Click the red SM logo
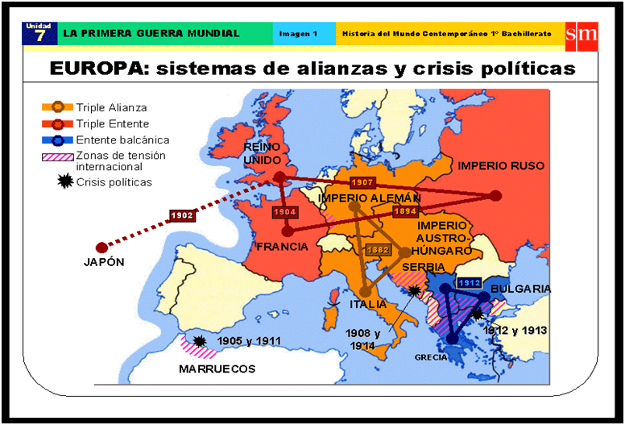tap(581, 33)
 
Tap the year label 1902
tap(181, 216)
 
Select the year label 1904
tap(285, 212)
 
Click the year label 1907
tap(363, 183)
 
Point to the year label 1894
tap(404, 210)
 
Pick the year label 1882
tap(377, 250)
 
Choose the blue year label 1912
tap(469, 283)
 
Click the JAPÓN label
tap(104, 262)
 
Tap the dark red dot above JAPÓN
tap(101, 247)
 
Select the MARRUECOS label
tap(217, 369)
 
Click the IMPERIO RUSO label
tap(501, 166)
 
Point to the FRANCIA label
tap(282, 246)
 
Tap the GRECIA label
tap(431, 357)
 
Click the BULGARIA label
tap(520, 289)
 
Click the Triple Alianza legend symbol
tap(57, 107)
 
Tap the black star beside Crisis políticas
tap(58, 181)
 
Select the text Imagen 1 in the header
tap(298, 34)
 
